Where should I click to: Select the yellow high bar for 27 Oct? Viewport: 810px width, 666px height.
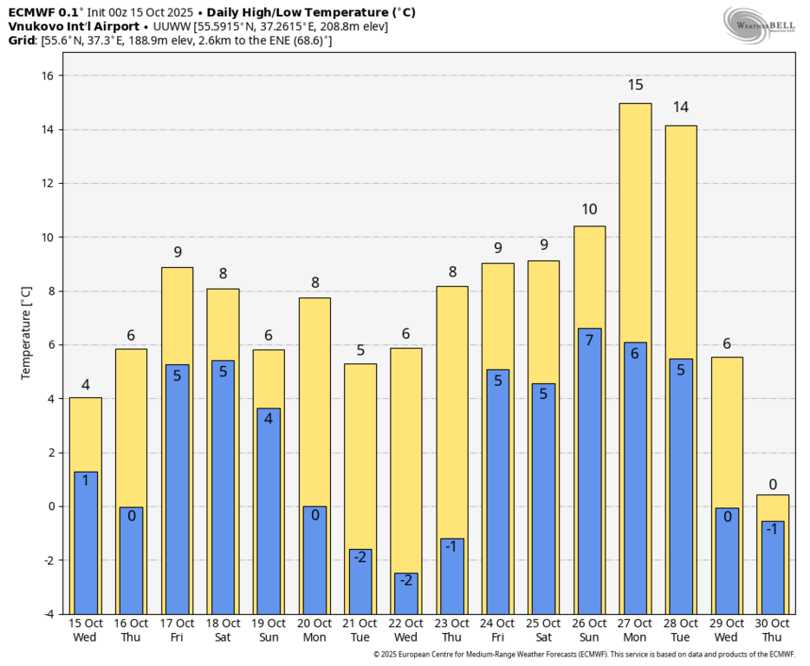635,217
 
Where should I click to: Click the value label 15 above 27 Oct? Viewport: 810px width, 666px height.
635,85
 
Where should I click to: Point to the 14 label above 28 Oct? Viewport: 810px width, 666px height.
681,108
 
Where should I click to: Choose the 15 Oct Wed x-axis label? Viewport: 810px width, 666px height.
85,630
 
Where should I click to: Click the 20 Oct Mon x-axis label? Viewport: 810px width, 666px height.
314,630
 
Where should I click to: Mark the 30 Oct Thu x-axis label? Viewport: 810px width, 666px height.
773,630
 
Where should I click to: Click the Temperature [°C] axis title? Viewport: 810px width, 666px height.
25,333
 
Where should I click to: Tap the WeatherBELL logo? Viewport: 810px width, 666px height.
760,24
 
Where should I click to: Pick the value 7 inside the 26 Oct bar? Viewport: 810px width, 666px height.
589,340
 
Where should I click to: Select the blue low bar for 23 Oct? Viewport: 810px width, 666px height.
452,576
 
